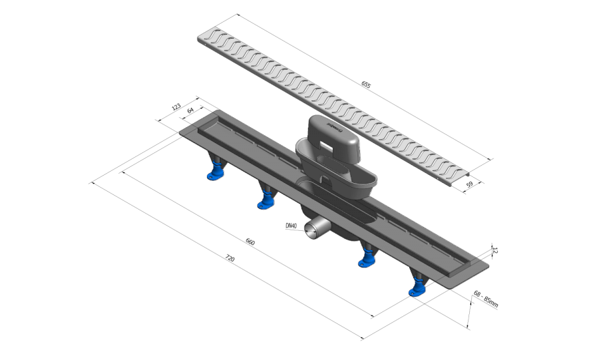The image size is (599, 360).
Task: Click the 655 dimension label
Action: point(365,85)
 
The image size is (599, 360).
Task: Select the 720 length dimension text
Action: point(230,258)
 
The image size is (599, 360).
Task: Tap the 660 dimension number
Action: point(250,242)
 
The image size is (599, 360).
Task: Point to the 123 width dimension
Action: point(176,107)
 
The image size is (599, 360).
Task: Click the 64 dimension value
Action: point(190,110)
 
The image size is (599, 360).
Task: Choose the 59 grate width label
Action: point(469,184)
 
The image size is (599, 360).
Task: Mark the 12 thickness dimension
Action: point(495,250)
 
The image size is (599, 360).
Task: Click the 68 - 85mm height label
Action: point(486,299)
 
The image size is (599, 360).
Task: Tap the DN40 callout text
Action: point(291,226)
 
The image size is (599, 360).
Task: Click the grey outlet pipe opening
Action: point(311,228)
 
